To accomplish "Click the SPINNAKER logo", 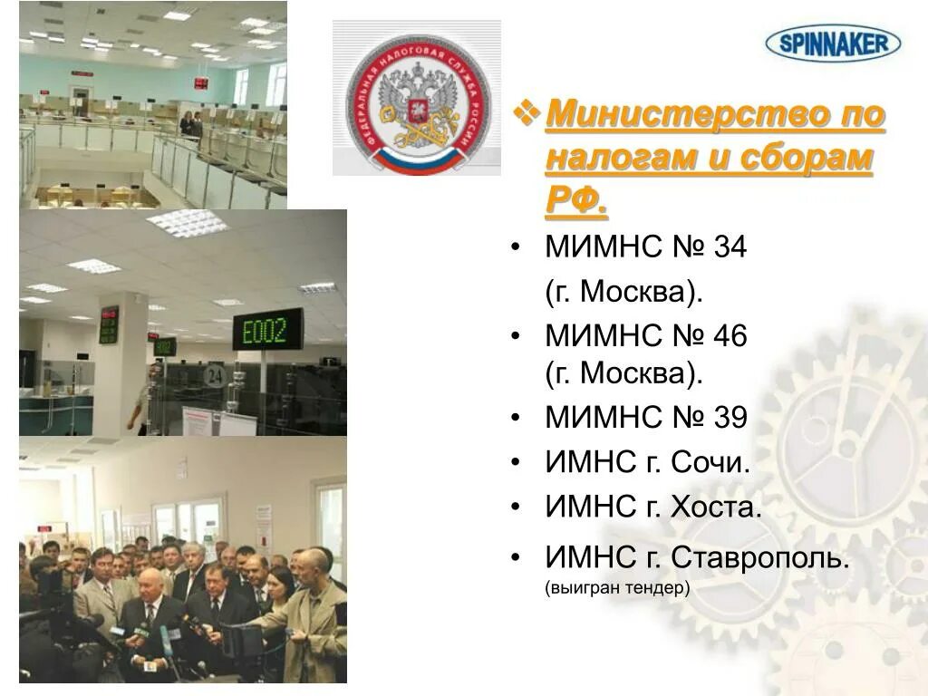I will pyautogui.click(x=833, y=42).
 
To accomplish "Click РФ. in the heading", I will pyautogui.click(x=576, y=201).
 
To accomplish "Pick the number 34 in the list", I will pyautogui.click(x=730, y=246).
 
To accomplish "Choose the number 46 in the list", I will pyautogui.click(x=730, y=336).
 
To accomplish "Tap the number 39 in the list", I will pyautogui.click(x=730, y=418).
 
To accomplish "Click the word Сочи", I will pyautogui.click(x=710, y=462).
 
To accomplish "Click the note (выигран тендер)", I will pyautogui.click(x=617, y=588).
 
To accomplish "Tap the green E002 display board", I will pyautogui.click(x=268, y=330).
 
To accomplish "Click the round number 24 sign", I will pyautogui.click(x=214, y=373).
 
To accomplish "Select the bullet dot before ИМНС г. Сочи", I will pyautogui.click(x=516, y=463).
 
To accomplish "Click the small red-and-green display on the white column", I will pyautogui.click(x=109, y=324).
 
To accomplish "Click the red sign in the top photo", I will pyautogui.click(x=200, y=83).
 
